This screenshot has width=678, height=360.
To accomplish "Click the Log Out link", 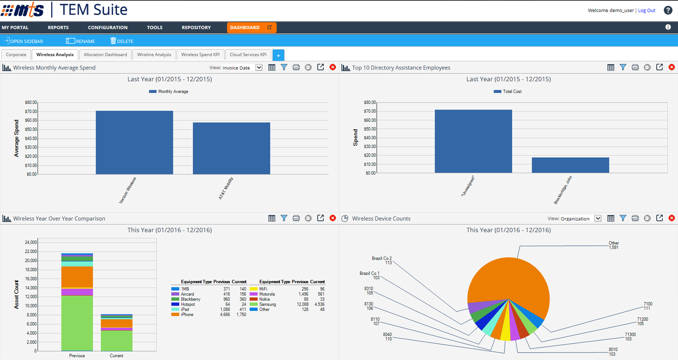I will click(x=646, y=10).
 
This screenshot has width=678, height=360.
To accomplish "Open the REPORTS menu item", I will click(x=58, y=28).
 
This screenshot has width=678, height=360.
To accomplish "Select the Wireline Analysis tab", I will click(x=154, y=55).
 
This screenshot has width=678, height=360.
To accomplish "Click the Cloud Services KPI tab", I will click(x=248, y=55).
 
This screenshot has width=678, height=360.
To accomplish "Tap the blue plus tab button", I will click(x=278, y=55).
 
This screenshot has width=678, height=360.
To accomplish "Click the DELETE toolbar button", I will click(x=122, y=41).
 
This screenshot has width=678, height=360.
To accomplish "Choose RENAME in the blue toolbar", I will click(x=81, y=41).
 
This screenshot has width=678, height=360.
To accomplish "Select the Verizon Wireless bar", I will click(x=134, y=142).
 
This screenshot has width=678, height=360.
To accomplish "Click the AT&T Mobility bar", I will click(x=231, y=148).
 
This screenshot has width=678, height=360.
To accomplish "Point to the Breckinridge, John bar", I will click(x=570, y=165).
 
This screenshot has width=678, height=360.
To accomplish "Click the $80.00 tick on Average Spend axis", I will click(x=31, y=103).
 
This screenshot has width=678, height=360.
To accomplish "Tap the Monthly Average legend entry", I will click(x=169, y=91).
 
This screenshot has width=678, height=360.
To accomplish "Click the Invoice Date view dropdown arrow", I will click(x=259, y=68).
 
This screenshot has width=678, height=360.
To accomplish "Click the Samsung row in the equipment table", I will click(x=267, y=304).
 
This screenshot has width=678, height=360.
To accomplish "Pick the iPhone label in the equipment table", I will click(x=187, y=315).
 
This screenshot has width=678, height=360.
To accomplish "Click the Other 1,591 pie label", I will click(x=614, y=245).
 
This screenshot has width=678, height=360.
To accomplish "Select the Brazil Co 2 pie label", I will click(x=382, y=260).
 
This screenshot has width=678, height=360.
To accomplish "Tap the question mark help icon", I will click(x=668, y=10).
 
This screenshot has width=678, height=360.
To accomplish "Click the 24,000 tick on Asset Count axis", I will click(x=31, y=242).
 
